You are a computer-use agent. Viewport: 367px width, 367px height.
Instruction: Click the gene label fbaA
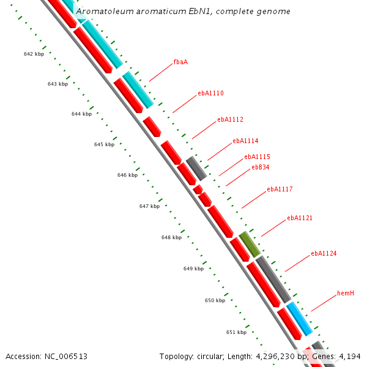(180, 62)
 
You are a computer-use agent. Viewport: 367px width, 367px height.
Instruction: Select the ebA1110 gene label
(210, 94)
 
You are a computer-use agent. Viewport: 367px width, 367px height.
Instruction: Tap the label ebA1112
(230, 120)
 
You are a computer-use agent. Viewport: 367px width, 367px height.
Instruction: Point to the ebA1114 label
(245, 141)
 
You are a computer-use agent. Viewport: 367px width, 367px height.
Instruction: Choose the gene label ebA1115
(257, 157)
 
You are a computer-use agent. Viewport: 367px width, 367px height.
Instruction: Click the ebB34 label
(261, 167)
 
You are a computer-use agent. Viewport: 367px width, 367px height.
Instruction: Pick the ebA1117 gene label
(280, 190)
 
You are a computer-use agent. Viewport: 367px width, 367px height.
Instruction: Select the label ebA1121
(300, 218)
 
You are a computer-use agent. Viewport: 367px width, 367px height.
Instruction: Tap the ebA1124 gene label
(324, 253)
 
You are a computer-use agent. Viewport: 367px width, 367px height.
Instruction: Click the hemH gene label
(346, 294)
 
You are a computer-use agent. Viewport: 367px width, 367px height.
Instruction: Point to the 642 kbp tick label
(34, 54)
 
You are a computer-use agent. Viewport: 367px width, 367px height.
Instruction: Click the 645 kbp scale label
(104, 145)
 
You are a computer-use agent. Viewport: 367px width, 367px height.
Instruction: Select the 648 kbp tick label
(171, 237)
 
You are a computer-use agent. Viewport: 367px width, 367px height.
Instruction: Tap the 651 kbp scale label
(236, 333)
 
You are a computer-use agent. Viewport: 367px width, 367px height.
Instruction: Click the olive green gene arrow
(250, 243)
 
